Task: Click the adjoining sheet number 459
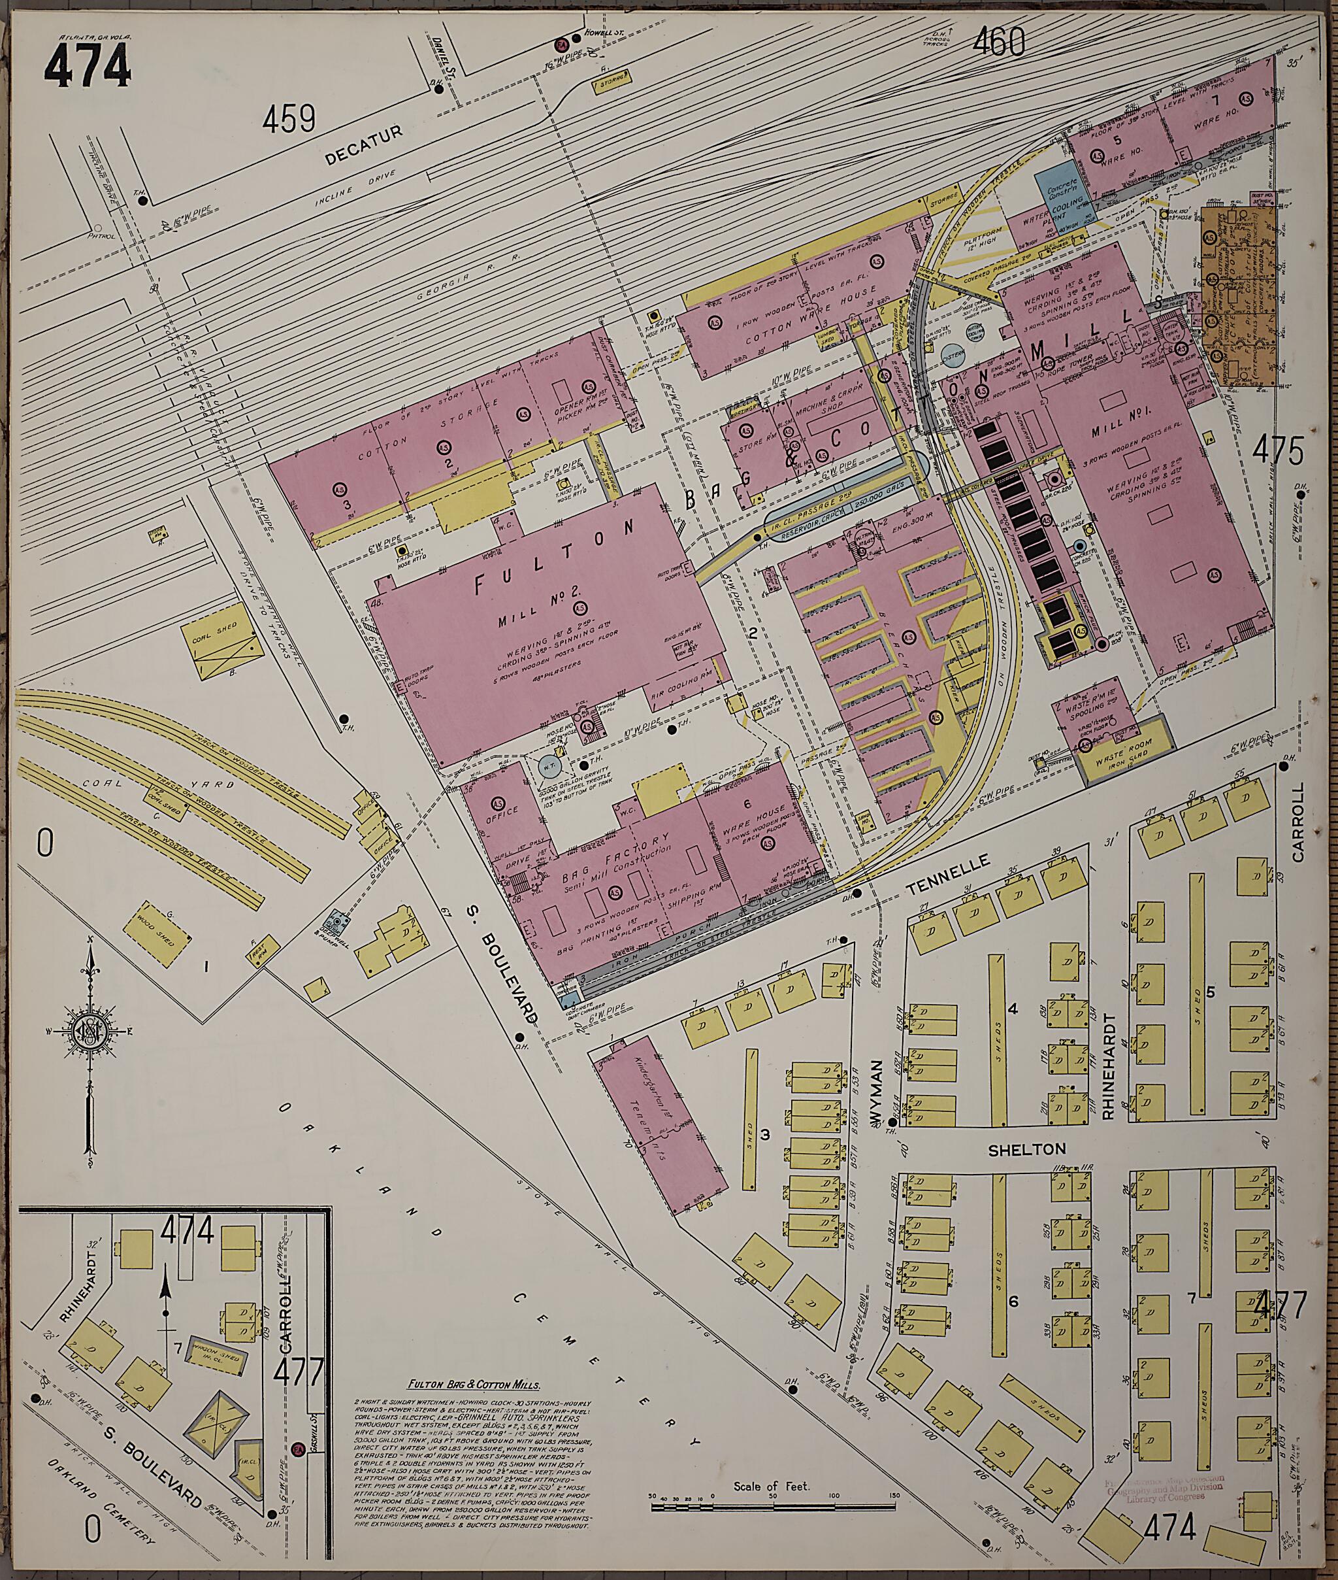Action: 289,120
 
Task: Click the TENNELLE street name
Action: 949,869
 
